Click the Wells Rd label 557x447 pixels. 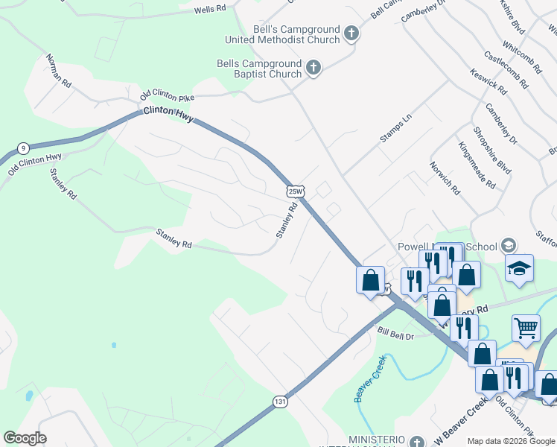pyautogui.click(x=209, y=10)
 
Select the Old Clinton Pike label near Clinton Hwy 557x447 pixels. pyautogui.click(x=167, y=95)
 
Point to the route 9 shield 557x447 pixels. pyautogui.click(x=24, y=147)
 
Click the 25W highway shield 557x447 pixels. pyautogui.click(x=295, y=191)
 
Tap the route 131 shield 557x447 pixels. pyautogui.click(x=279, y=402)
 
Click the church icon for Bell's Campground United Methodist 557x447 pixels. pyautogui.click(x=351, y=33)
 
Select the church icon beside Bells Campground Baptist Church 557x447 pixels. pyautogui.click(x=313, y=69)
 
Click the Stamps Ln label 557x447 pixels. pyautogui.click(x=395, y=129)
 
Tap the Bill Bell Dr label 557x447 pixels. pyautogui.click(x=395, y=333)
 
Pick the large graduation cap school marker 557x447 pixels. pyautogui.click(x=520, y=268)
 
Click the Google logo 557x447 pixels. pyautogui.click(x=25, y=438)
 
